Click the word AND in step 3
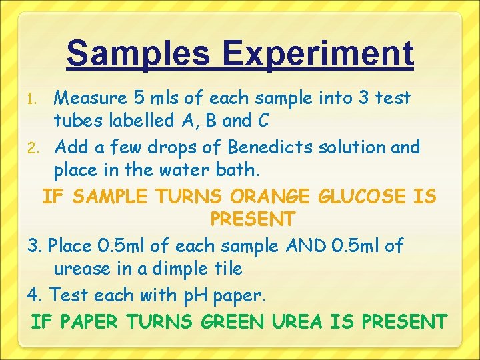[305, 245]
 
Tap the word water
[185, 170]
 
